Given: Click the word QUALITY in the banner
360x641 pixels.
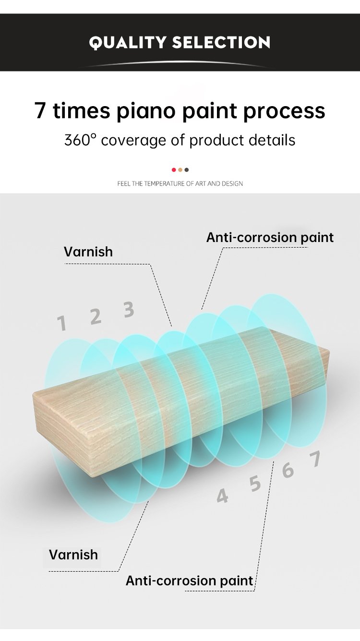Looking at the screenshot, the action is click(x=127, y=43).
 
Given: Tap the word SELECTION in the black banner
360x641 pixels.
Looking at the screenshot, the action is click(x=221, y=42).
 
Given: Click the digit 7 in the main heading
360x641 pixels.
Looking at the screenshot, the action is click(x=40, y=110).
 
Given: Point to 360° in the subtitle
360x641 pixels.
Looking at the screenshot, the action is click(x=81, y=140).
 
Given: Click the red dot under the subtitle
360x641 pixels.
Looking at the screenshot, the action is click(x=174, y=169).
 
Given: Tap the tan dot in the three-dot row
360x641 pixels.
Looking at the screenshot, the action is click(x=180, y=169).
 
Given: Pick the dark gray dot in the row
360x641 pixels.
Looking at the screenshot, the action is click(x=187, y=169).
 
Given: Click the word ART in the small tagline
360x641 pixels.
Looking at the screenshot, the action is click(x=200, y=183).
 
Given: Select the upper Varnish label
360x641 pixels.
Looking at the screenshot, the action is click(x=88, y=252).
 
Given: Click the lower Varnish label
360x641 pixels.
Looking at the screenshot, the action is click(x=73, y=555).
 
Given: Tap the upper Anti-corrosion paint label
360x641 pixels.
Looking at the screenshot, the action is click(x=270, y=237).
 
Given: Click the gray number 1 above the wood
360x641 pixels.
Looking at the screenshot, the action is click(x=61, y=323).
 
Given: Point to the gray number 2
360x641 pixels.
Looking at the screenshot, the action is click(x=96, y=316).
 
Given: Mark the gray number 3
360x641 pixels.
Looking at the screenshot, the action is click(x=129, y=309).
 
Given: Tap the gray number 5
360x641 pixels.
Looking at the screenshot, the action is click(x=255, y=484).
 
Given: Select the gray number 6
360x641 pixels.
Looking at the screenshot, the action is click(x=288, y=471).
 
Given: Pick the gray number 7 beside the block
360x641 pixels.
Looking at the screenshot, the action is click(x=315, y=459).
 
